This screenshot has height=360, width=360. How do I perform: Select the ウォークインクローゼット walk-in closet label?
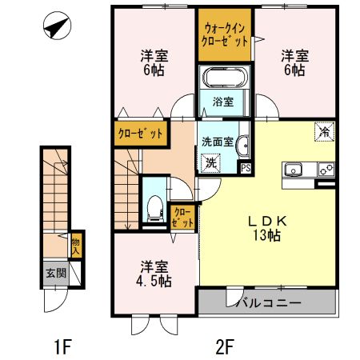tap(224, 34)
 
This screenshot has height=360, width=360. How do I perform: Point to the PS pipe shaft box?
tap(246, 167)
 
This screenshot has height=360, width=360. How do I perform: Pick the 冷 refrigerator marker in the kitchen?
tap(325, 131)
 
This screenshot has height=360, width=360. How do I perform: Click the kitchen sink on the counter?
tap(292, 169)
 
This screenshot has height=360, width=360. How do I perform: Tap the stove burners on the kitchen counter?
tap(326, 169)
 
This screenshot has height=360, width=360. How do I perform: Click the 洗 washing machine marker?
tap(211, 162)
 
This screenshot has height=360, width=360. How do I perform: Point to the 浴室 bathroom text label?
tap(223, 102)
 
